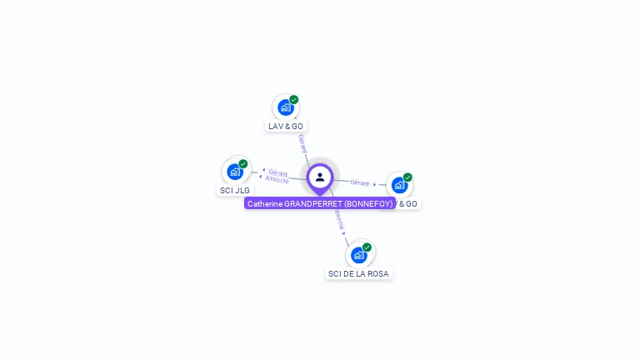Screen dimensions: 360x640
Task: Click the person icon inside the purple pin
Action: (320, 177)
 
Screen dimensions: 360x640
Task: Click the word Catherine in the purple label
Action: (265, 203)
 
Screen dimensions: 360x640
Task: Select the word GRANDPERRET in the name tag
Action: (312, 203)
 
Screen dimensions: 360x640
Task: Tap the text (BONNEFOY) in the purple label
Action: (367, 203)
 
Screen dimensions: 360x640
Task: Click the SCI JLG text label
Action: (234, 190)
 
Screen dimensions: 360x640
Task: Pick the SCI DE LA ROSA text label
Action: (358, 273)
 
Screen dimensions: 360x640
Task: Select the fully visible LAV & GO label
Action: (286, 126)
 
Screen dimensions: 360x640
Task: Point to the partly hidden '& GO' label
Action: (407, 203)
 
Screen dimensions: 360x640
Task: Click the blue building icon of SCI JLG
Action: (234, 172)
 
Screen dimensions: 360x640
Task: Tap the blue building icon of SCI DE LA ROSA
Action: (358, 254)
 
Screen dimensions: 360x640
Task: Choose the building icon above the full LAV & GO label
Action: (285, 107)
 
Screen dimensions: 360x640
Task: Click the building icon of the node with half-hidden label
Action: (399, 185)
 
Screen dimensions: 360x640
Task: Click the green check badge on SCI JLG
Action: (243, 163)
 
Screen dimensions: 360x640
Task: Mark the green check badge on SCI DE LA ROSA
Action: (367, 247)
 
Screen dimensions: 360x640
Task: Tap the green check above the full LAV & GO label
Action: (294, 99)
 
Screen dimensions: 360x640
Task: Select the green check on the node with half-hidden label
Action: (407, 177)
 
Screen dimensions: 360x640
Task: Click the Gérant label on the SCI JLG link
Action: (278, 172)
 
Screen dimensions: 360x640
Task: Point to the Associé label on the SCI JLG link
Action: (277, 180)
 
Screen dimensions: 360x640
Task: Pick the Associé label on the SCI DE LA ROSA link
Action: (339, 219)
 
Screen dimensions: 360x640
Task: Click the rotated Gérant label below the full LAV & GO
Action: (302, 143)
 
